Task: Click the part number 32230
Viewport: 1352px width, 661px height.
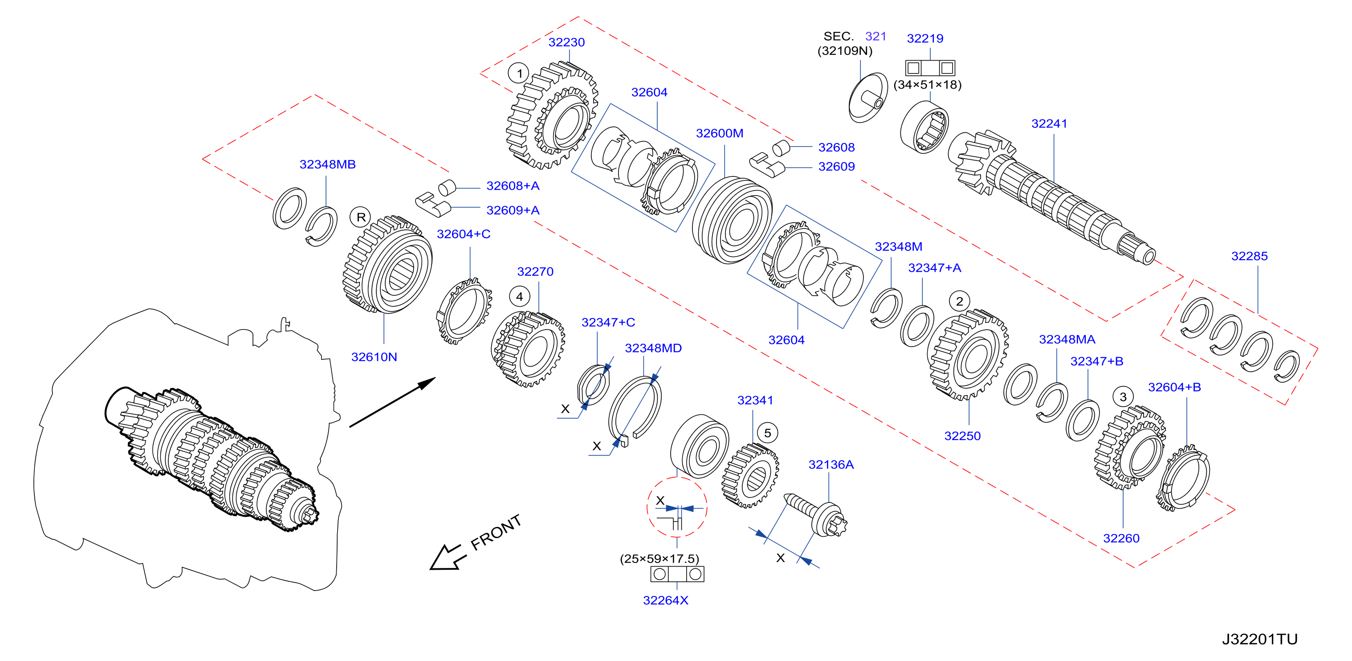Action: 566,42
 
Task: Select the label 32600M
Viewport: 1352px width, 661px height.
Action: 720,133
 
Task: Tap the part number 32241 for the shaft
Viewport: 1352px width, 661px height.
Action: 1049,123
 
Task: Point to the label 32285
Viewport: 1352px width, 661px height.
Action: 1249,256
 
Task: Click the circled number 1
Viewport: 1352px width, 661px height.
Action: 519,73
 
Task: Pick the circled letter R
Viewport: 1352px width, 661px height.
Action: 361,217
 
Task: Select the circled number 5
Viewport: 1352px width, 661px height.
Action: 767,433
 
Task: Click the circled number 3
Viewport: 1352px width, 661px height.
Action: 1123,397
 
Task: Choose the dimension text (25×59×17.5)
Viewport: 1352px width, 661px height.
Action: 660,559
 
